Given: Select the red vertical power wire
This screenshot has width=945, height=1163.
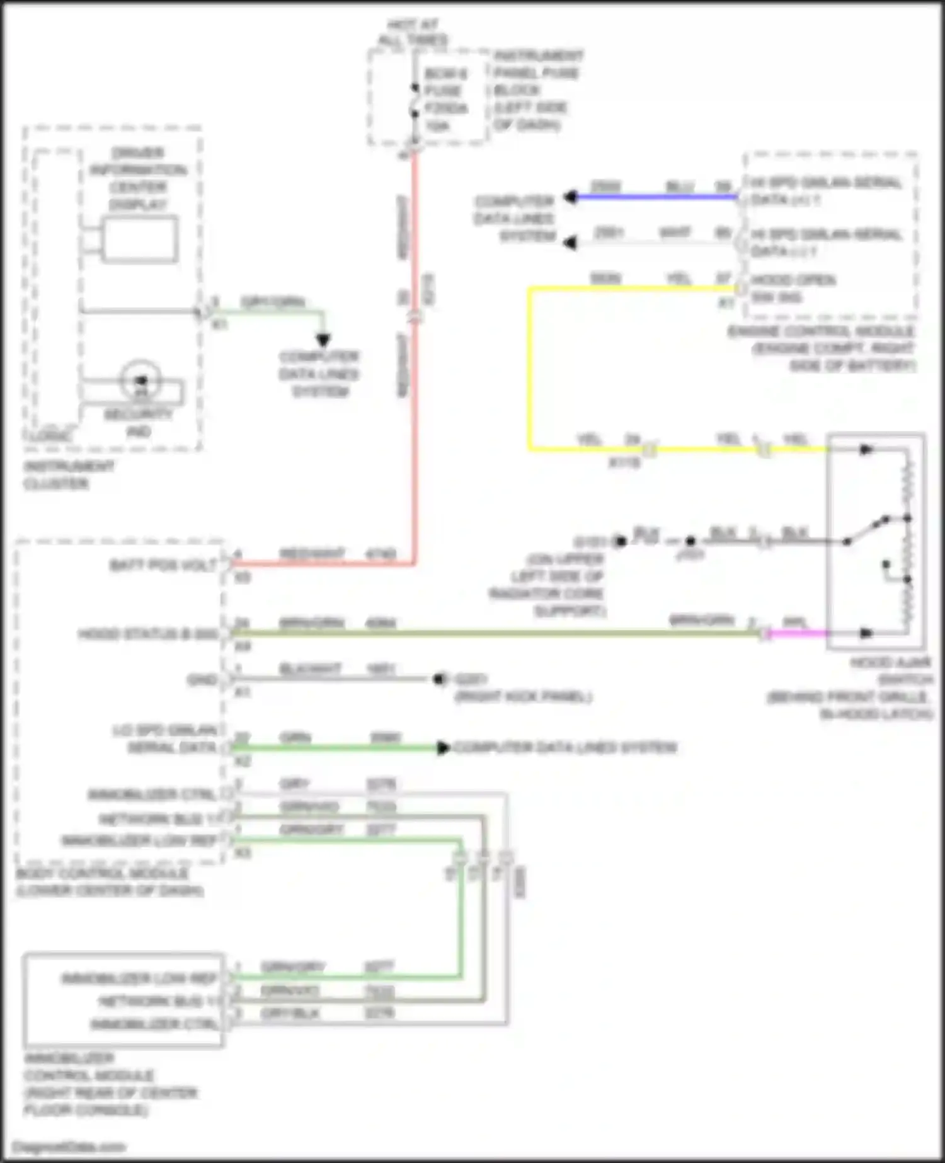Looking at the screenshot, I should (x=415, y=410).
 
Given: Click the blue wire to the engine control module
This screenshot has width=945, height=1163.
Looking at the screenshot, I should (x=655, y=197).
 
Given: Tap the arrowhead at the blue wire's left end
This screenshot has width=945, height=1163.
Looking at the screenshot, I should (x=571, y=197).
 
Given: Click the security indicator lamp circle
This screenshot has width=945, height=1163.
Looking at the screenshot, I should (x=141, y=381).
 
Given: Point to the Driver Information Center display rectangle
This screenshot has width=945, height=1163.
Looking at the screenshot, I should (x=139, y=239).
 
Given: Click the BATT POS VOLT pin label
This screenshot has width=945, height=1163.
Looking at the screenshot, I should (x=164, y=565).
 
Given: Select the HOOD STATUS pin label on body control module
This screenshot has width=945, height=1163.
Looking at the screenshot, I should (x=148, y=634).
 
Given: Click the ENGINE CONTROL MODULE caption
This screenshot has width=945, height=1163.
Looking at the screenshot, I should (x=822, y=348).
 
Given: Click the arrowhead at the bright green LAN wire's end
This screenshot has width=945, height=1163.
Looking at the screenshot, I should (x=444, y=748).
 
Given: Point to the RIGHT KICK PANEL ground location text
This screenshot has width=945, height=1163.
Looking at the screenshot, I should (x=523, y=697).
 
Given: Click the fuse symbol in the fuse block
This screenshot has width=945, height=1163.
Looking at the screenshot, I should (x=415, y=101).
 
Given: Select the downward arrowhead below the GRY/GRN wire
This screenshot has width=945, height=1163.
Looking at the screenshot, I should (x=323, y=341).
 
